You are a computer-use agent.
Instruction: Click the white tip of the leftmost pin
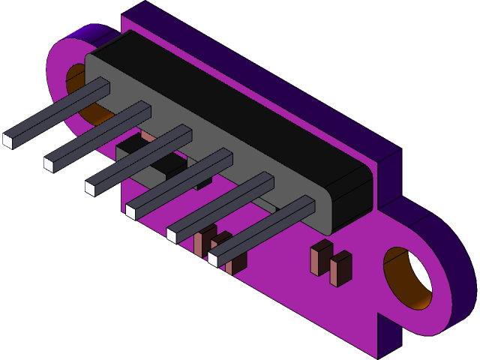pos(8,140)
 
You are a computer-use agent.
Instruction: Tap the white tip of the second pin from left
pos(49,164)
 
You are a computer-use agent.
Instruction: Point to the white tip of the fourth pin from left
pos(130,211)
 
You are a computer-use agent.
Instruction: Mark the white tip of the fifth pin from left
pos(172,235)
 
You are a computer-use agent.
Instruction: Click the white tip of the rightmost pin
pos(213,259)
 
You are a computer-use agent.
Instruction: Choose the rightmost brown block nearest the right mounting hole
pos(340,269)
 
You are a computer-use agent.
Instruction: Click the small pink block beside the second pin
pos(148,136)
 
